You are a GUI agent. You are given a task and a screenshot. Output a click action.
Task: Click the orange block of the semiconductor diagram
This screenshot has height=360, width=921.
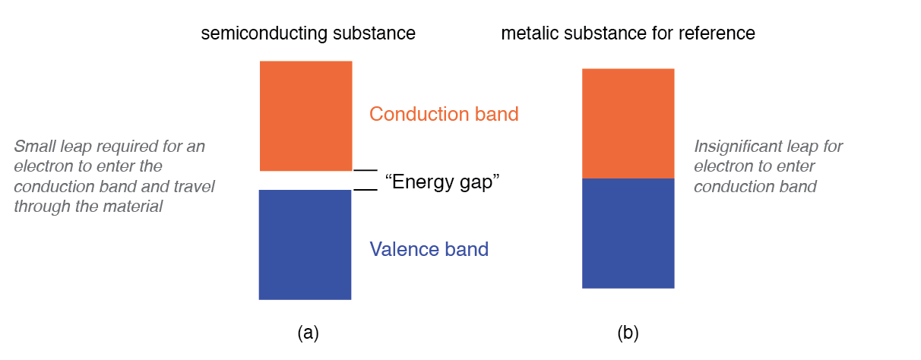[x=305, y=115]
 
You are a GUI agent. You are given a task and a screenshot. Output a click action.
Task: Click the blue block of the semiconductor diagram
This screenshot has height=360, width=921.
[x=305, y=245]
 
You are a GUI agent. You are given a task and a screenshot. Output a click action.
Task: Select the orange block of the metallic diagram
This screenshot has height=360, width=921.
[x=628, y=123]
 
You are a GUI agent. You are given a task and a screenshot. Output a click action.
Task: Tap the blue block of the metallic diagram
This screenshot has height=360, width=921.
[x=628, y=233]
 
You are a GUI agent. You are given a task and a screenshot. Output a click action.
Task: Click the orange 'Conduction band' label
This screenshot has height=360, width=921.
[x=444, y=115]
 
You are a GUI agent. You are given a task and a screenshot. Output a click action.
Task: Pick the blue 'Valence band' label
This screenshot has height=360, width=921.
[x=429, y=249]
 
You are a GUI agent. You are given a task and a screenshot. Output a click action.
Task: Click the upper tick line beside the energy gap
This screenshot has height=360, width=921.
[x=366, y=170]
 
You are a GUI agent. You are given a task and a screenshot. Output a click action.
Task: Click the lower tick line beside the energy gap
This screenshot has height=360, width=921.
[x=366, y=189]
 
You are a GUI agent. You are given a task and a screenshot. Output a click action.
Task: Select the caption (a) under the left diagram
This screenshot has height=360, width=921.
[x=308, y=333]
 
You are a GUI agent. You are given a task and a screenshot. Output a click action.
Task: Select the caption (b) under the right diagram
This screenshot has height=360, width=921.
[x=628, y=333]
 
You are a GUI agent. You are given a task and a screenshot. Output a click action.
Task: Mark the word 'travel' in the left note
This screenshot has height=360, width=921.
[x=195, y=186]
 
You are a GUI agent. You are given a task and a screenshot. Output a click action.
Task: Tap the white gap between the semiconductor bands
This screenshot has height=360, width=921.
[x=305, y=180]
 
